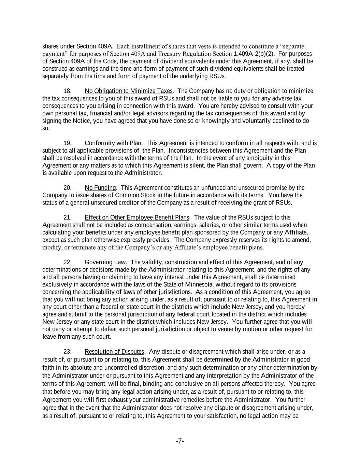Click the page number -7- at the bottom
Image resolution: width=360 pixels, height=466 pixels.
[180, 441]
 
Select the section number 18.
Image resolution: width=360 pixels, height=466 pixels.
[68, 91]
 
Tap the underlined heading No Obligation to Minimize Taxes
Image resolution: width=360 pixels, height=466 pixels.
[129, 91]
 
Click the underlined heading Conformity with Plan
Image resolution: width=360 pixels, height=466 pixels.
[113, 143]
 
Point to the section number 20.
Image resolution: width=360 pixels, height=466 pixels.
[68, 188]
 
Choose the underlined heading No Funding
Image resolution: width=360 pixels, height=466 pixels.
[100, 188]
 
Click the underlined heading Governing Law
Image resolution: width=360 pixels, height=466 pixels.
[105, 262]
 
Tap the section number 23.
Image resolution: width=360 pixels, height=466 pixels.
[68, 352]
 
